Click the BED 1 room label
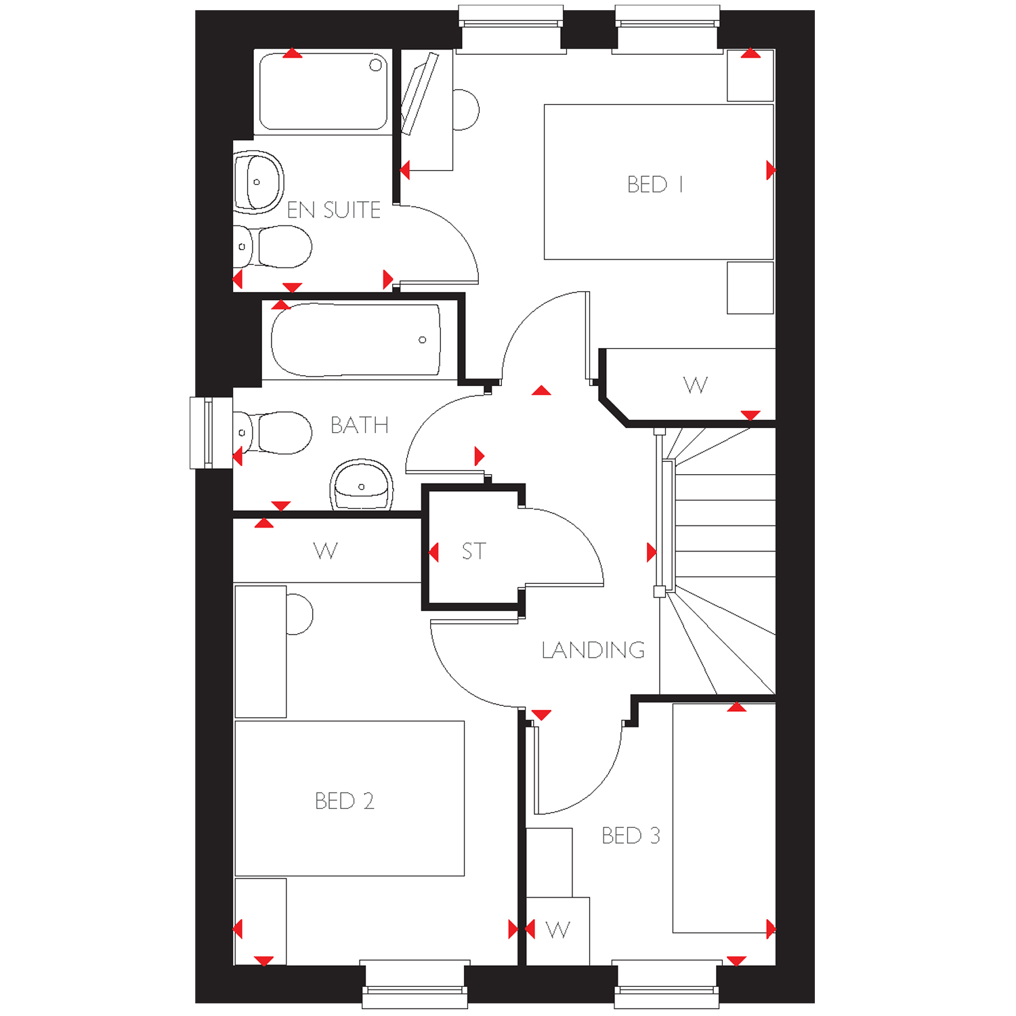pos(655,184)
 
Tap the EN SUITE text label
pos(333,210)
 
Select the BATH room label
pos(360,425)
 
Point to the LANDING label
pos(593,650)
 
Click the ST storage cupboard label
pos(474,551)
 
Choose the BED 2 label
pos(345,801)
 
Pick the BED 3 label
pos(631,836)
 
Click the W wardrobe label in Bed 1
pos(696,385)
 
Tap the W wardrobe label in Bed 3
pos(557,930)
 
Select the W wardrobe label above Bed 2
pos(326,551)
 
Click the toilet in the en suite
pos(272,247)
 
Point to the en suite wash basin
pos(258,182)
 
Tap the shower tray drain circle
pos(376,65)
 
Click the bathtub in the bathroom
pos(356,340)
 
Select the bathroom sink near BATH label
pos(362,485)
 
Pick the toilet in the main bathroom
pos(272,433)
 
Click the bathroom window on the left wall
pos(202,433)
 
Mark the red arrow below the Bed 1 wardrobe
pos(750,415)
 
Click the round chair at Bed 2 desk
pos(300,614)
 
